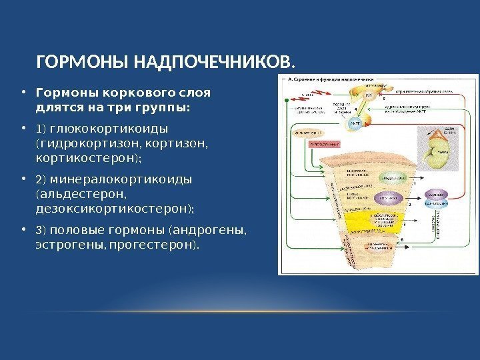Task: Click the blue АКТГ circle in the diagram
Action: [355, 124]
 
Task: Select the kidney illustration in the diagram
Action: [437, 150]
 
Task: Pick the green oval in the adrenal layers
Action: [391, 178]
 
